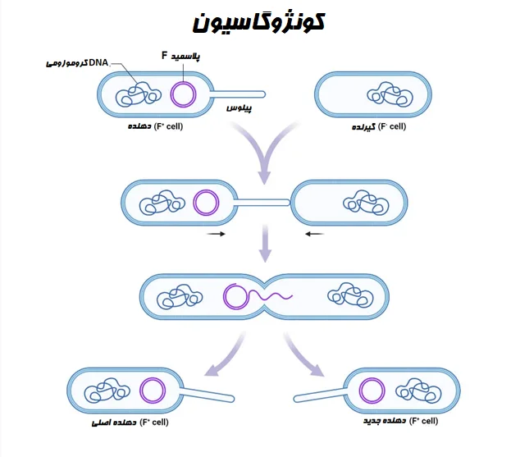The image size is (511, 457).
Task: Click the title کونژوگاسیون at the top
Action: pos(258,22)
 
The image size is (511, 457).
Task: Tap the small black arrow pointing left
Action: pos(314,234)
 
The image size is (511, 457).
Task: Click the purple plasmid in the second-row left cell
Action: pos(206,202)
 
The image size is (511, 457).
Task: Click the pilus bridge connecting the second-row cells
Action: pos(262,199)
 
